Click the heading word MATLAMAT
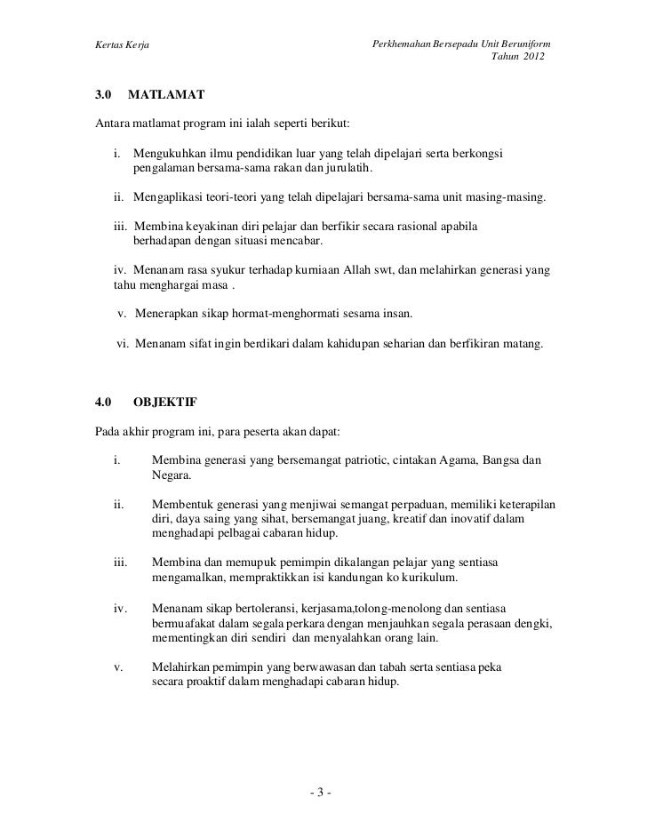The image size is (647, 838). pos(167,93)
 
